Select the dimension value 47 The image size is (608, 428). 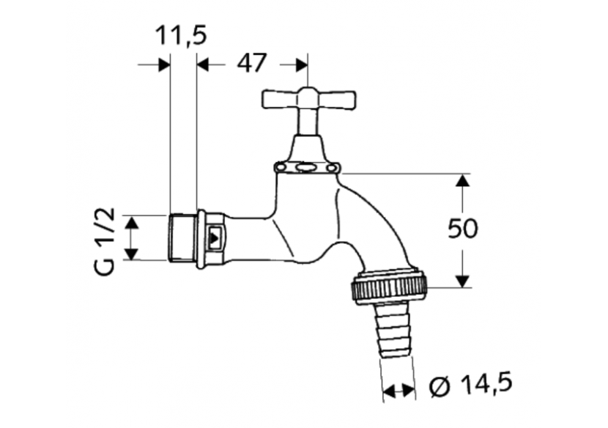tap(251, 64)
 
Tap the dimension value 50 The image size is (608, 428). tap(462, 229)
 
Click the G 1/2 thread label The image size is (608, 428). tap(105, 240)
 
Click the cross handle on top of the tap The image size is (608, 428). tap(308, 99)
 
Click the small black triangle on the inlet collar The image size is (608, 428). tap(214, 237)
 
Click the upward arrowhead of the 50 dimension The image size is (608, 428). tap(463, 180)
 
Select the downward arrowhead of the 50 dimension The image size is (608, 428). tap(463, 281)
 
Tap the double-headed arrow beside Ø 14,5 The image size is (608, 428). tap(398, 391)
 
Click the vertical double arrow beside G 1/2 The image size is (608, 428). tap(130, 238)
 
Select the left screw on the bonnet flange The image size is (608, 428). tap(280, 168)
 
